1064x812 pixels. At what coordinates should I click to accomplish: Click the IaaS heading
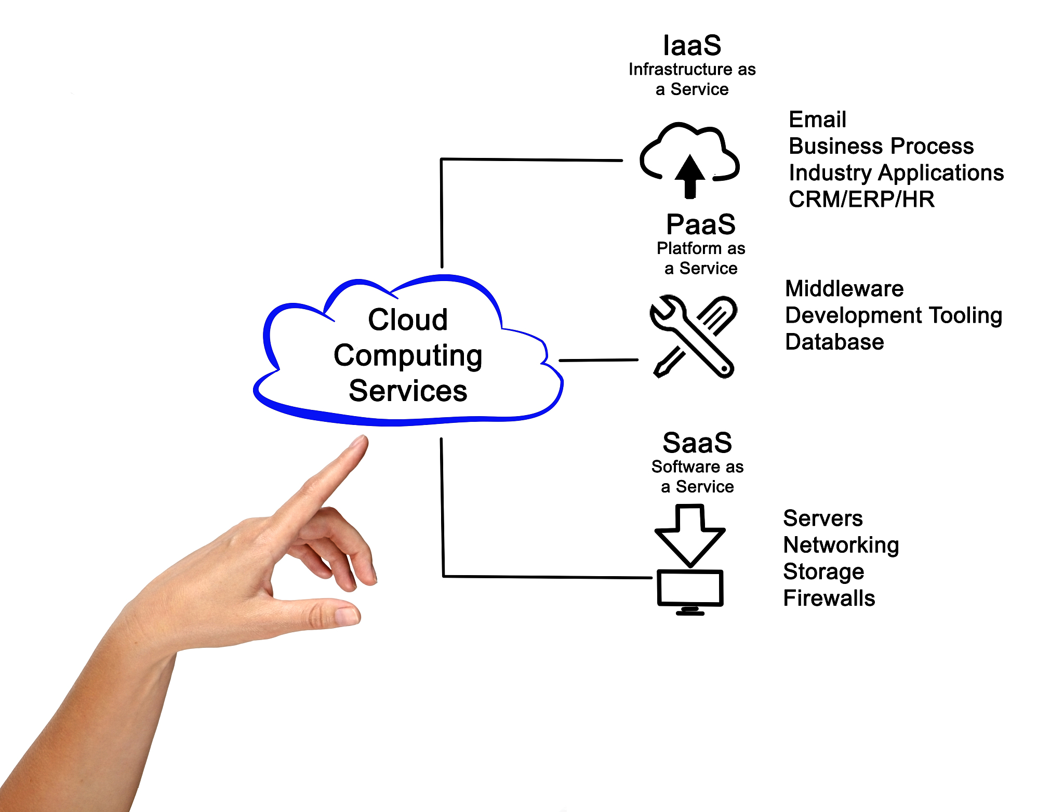coord(692,46)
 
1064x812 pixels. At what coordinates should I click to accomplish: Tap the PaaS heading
coord(701,225)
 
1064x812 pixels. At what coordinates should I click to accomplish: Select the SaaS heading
coord(697,443)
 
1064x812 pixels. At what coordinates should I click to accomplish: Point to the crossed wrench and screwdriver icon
coord(693,336)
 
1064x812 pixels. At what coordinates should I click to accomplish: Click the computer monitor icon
coord(690,590)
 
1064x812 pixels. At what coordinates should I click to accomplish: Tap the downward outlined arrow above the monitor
coord(690,535)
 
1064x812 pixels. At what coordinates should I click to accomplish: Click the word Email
coord(817,119)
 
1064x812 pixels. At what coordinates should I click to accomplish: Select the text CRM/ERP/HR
coord(861,199)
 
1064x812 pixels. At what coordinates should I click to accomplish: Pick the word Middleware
coord(844,289)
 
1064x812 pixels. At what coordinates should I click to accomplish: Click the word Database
coord(834,342)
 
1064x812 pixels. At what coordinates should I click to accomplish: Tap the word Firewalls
coord(829,598)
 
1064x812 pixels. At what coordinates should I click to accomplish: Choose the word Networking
coord(841,545)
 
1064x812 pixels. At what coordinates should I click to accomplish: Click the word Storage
coord(823,571)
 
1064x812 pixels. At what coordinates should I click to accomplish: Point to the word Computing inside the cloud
coord(408,356)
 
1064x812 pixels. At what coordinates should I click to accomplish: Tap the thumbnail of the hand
coord(347,616)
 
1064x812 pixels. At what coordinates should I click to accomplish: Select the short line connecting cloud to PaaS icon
coord(598,360)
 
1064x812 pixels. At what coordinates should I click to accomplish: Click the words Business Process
coord(881,146)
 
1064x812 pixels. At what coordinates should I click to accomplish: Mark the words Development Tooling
coord(894,315)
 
